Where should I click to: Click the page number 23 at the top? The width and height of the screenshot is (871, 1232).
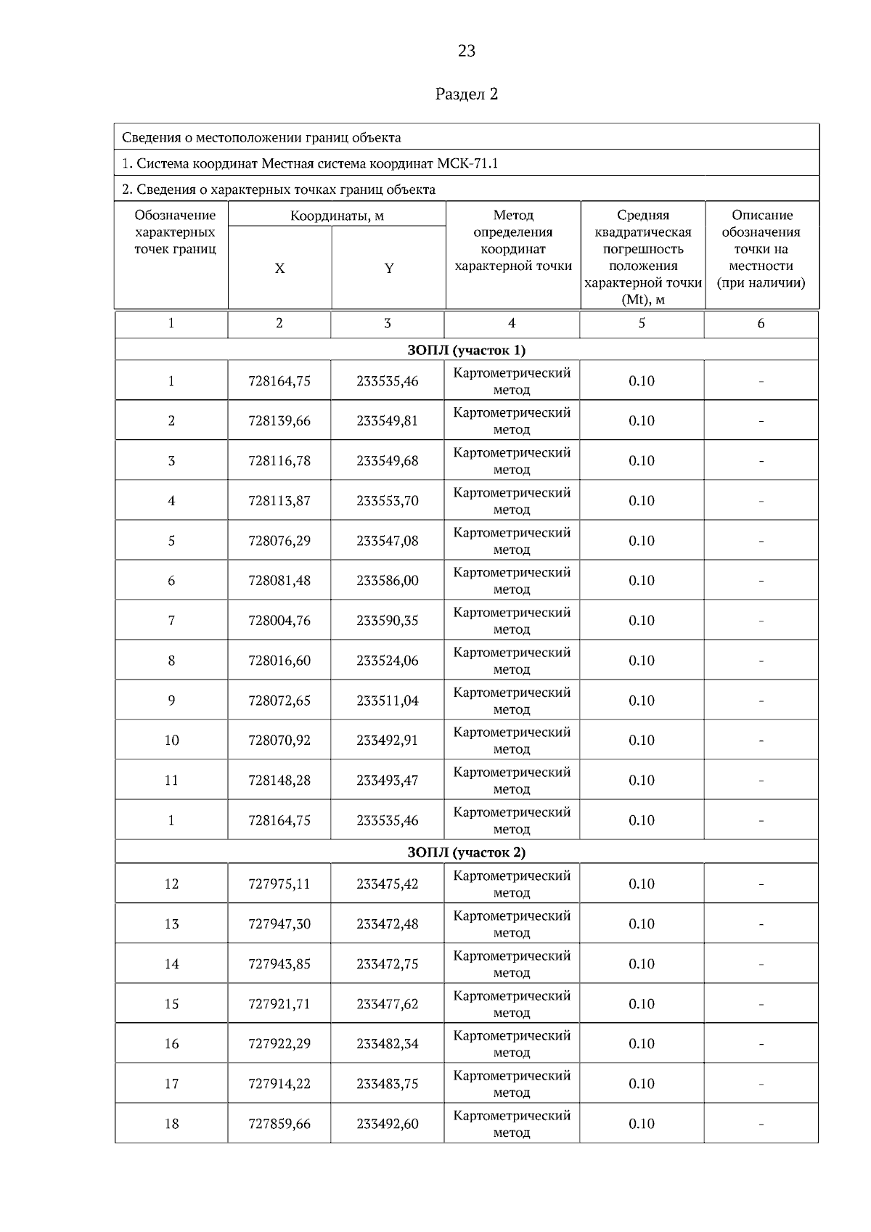(x=467, y=51)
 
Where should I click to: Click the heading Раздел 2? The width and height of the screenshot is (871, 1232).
(x=467, y=94)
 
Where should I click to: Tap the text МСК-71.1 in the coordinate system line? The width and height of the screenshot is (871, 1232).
(x=468, y=163)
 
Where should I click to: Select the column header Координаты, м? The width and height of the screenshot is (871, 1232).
(x=337, y=216)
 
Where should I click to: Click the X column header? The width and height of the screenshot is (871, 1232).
(x=279, y=269)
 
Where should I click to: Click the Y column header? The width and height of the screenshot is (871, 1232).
(x=388, y=269)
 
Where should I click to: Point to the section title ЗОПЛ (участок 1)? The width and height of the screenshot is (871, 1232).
(x=467, y=350)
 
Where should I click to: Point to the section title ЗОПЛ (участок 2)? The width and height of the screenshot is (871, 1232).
(x=467, y=852)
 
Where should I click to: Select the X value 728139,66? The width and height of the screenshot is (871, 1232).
(x=279, y=421)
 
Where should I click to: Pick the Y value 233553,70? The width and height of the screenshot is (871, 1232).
(x=388, y=501)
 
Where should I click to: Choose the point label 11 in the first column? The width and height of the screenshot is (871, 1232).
(x=171, y=780)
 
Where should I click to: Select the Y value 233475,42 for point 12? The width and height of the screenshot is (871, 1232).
(x=388, y=884)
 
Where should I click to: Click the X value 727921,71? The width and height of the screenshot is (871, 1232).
(x=279, y=1004)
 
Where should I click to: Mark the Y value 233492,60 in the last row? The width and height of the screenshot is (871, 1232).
(x=388, y=1124)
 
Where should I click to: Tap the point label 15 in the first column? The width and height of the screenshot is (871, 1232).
(x=171, y=1004)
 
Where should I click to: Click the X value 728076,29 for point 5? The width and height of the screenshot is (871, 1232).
(x=279, y=541)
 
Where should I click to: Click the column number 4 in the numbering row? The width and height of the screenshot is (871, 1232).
(x=512, y=324)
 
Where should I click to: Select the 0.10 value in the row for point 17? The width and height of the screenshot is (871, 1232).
(x=642, y=1084)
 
